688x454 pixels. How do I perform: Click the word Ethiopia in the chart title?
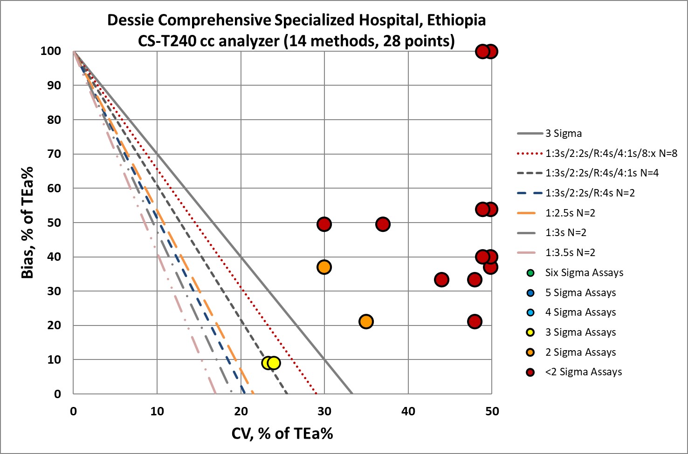point(456,20)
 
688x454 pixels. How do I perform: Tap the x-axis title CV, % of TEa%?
point(282,434)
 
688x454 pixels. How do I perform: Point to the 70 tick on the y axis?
point(55,154)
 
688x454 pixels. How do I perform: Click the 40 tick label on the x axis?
point(408,411)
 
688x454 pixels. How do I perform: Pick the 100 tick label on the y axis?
point(51,51)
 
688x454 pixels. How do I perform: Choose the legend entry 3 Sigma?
point(564,134)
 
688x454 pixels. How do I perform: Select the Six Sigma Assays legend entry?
point(584,273)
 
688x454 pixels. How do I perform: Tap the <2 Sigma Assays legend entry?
point(584,372)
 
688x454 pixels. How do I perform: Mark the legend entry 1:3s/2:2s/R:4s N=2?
point(590,193)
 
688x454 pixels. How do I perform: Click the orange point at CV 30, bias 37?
point(324,267)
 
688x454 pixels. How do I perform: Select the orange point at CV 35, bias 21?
point(366,322)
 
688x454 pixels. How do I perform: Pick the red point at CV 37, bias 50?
point(383,224)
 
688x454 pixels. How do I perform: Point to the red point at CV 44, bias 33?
point(441,280)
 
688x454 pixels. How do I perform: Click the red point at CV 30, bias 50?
point(324,224)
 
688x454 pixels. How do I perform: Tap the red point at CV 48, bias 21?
point(475,322)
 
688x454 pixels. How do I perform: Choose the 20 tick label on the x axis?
point(241,411)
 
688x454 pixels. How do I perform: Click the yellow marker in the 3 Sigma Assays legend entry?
point(530,332)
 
